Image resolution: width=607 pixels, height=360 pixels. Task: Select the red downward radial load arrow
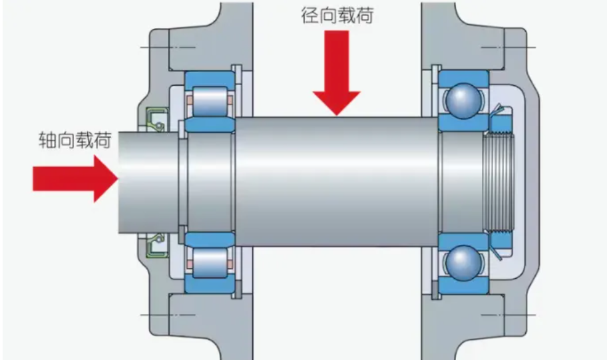tap(337, 73)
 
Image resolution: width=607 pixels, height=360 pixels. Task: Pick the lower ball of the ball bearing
tap(463, 262)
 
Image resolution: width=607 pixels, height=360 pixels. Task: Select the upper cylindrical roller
tap(210, 100)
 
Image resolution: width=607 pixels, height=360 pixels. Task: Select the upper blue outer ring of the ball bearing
tap(463, 75)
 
